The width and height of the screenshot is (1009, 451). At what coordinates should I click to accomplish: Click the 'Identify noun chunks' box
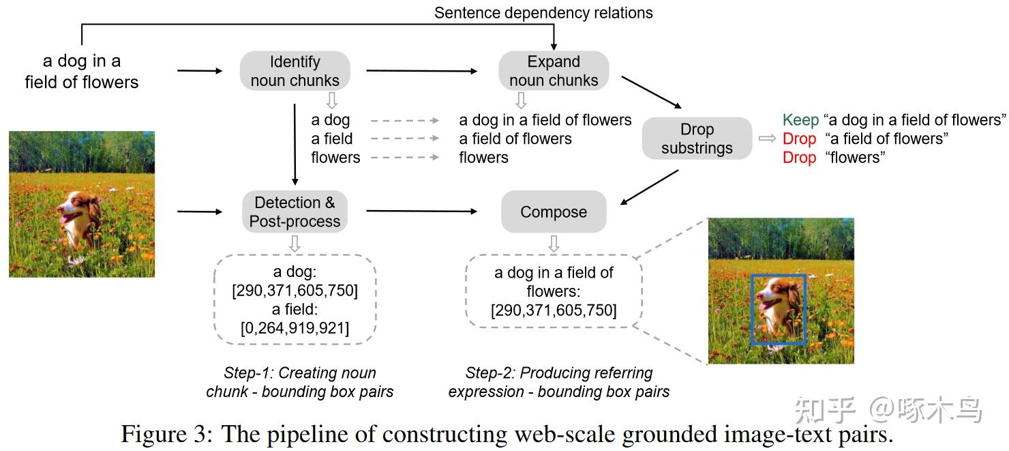coord(295,71)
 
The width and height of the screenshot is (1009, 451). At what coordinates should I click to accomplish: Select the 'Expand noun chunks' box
coord(554,71)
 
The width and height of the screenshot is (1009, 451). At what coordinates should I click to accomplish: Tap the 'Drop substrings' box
coord(697,139)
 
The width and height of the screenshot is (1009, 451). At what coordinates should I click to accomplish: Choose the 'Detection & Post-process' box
coord(295,212)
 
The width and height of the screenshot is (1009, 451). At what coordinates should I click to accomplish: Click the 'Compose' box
coord(554,212)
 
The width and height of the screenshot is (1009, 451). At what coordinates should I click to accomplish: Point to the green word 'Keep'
coord(800,120)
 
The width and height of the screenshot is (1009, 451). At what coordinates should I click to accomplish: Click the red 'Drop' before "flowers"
coord(799,158)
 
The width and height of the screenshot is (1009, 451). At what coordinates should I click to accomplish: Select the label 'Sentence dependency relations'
coord(543,13)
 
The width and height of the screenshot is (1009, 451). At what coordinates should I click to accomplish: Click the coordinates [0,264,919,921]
coord(295,328)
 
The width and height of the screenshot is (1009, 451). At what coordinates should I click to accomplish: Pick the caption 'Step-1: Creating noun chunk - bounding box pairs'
coord(299,382)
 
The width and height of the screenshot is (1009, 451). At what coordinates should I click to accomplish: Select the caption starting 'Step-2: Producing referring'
coord(558,382)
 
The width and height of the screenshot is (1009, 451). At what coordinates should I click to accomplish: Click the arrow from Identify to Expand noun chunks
coord(421,71)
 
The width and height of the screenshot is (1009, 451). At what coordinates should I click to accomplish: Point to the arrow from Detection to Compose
coord(421,211)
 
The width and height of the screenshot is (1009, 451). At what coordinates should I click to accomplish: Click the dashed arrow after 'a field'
coord(405,139)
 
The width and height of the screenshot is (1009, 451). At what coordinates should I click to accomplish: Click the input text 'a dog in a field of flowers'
coord(82,72)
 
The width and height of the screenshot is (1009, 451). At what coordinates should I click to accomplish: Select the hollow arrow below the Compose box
coord(554,244)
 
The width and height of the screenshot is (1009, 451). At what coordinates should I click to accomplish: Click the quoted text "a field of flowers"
coord(887,139)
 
